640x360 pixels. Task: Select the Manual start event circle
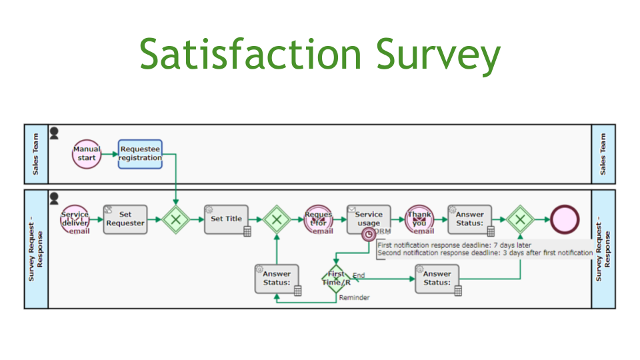coord(87,154)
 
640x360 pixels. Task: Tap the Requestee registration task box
coord(140,154)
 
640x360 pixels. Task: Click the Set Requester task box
coord(125,219)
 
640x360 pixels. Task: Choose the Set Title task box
coord(227,219)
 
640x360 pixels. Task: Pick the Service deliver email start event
coord(75,219)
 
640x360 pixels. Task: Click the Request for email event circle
coord(318,219)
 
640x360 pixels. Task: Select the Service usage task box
coord(368,219)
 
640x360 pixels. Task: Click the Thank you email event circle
coord(419,219)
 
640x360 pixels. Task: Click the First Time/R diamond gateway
coord(336,279)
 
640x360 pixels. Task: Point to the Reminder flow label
coord(354,297)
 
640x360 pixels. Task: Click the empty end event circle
coord(565,219)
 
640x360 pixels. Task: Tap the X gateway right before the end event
coord(520,219)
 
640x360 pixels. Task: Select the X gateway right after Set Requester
coord(176,219)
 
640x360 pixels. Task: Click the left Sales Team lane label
coord(36,154)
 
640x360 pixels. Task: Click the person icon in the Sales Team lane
coord(55,133)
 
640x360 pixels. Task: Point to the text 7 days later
coord(511,245)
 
